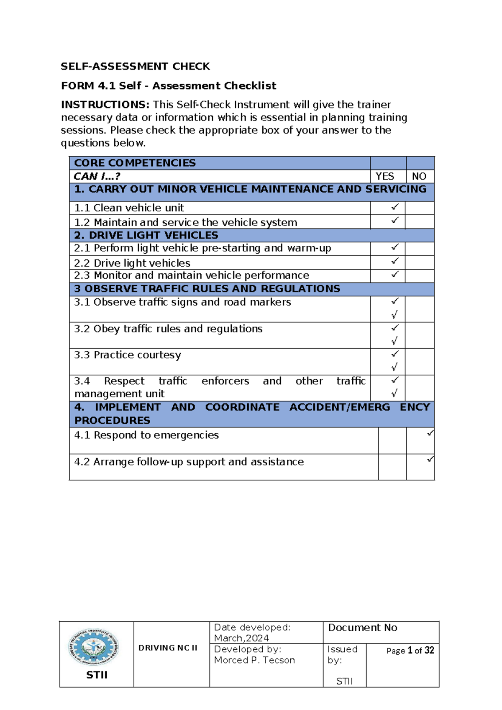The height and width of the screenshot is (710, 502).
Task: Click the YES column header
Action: coord(384,176)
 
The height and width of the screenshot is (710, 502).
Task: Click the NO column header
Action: coord(419,176)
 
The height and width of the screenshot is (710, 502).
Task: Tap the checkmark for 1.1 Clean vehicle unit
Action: coord(394,207)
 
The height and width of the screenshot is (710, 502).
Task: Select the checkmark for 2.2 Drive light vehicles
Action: coord(394,261)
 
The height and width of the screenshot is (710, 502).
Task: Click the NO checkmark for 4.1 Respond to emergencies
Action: coord(430,433)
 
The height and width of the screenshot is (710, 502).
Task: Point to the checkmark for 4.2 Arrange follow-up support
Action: coord(430,459)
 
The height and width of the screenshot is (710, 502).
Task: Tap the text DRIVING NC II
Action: coord(168,648)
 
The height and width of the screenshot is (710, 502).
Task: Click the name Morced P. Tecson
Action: coord(254,660)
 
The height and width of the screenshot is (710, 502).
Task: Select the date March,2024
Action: coord(241,638)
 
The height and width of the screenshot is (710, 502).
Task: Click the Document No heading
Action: coord(362,628)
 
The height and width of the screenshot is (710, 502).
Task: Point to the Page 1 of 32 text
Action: coord(410,650)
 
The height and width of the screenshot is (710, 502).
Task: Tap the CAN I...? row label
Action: coord(97,176)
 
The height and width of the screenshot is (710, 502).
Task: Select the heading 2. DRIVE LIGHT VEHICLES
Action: coord(146,235)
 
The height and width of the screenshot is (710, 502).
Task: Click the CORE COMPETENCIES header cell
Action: coord(135,163)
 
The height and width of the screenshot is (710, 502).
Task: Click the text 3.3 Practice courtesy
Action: coord(128,355)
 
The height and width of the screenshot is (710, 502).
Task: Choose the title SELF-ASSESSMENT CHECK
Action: coord(135,67)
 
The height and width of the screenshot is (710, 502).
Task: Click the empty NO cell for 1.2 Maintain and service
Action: coord(420,222)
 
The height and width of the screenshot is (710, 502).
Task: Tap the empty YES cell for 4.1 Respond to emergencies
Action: coord(392,440)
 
